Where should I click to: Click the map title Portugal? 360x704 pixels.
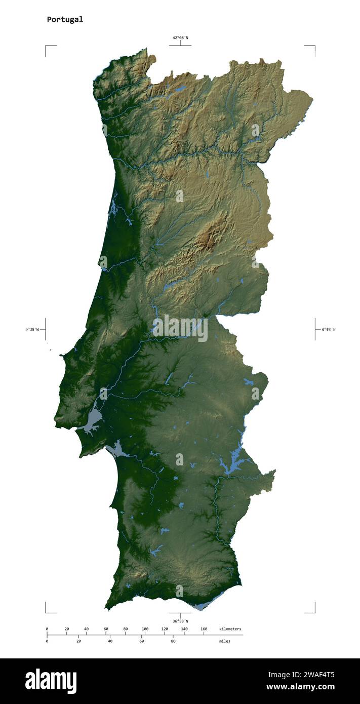pyautogui.click(x=65, y=20)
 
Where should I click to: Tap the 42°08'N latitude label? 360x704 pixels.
pyautogui.click(x=180, y=37)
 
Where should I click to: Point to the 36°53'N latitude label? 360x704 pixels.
pyautogui.click(x=180, y=621)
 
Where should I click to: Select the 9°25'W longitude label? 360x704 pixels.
pyautogui.click(x=32, y=330)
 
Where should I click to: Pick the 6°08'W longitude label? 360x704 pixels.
pyautogui.click(x=328, y=330)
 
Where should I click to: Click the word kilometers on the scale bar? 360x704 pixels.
pyautogui.click(x=230, y=629)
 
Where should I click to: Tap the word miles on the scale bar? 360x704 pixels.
pyautogui.click(x=224, y=641)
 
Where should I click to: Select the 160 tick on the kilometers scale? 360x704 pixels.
pyautogui.click(x=204, y=629)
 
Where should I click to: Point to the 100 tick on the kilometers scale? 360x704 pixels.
pyautogui.click(x=145, y=629)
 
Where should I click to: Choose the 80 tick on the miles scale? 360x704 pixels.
pyautogui.click(x=173, y=641)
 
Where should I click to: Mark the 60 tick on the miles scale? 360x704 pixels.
pyautogui.click(x=142, y=641)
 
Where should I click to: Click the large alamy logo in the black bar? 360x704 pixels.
pyautogui.click(x=51, y=681)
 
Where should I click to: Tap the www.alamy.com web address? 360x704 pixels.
pyautogui.click(x=300, y=687)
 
